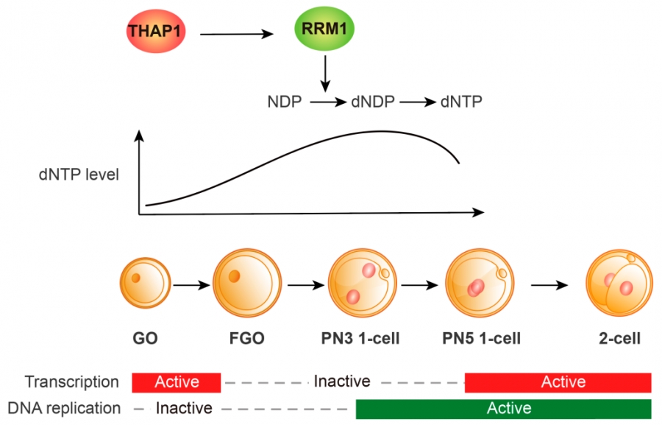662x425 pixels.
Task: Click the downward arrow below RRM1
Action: (x=324, y=75)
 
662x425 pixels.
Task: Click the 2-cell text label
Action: (x=619, y=339)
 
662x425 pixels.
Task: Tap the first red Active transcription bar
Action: (x=177, y=382)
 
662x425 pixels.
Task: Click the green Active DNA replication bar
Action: (x=503, y=407)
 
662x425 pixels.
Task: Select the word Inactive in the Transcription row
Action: (x=341, y=382)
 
